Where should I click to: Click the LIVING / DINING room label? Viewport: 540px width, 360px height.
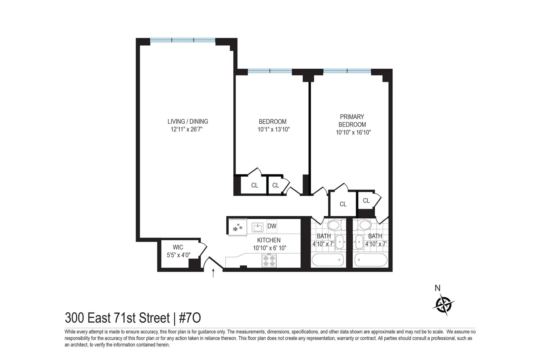(x=187, y=121)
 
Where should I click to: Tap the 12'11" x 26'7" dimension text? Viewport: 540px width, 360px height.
(x=187, y=130)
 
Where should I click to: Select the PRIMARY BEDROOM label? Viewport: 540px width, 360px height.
(x=352, y=121)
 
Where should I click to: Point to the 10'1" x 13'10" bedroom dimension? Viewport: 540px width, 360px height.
(x=273, y=130)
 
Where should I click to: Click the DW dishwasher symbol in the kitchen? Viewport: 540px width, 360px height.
(x=272, y=226)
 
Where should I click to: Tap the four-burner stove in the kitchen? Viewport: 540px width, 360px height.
(x=269, y=260)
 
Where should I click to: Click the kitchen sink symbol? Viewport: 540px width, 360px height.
(x=257, y=227)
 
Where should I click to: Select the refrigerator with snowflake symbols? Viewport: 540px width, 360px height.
(x=237, y=228)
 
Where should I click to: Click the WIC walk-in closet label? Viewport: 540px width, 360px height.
(x=178, y=247)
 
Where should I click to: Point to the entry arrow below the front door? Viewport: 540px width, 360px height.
(x=213, y=273)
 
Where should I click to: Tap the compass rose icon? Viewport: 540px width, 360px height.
(x=444, y=304)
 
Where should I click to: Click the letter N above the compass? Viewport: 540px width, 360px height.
(x=437, y=288)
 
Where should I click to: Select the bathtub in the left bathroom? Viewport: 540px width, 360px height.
(x=328, y=260)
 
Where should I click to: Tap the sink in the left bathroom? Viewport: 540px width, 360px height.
(x=340, y=242)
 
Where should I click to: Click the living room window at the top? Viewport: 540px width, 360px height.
(x=183, y=40)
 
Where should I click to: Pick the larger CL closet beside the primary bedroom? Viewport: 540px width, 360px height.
(x=343, y=204)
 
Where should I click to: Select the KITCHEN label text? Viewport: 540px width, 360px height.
(x=269, y=240)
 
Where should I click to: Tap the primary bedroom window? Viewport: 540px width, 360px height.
(x=347, y=71)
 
